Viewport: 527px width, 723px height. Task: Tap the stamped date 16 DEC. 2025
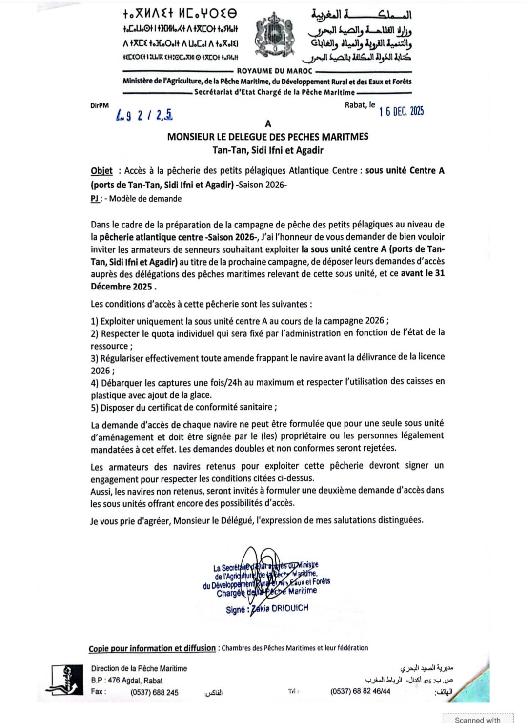tap(401, 111)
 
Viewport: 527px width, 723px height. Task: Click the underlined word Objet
tap(101, 171)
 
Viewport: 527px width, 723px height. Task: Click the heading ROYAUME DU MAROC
tap(274, 71)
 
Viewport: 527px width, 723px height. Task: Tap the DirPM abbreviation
tap(100, 105)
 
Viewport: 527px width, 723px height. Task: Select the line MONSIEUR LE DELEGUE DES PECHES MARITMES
tap(267, 137)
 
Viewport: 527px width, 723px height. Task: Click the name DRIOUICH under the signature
tap(290, 608)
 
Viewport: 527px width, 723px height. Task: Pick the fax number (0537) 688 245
tap(154, 692)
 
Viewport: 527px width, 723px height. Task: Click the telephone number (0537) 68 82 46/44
tap(360, 691)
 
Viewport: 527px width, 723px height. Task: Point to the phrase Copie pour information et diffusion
tap(152, 648)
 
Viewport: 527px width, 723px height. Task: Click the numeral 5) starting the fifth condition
tap(95, 408)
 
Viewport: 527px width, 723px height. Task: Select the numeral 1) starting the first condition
tap(95, 321)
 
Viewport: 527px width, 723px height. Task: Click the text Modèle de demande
tap(145, 199)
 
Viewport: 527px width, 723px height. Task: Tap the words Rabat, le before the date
tap(360, 104)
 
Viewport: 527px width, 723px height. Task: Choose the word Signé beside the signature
tap(236, 610)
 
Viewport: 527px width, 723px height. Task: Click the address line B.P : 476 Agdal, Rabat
tap(126, 681)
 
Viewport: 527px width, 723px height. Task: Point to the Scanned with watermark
tap(477, 719)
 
